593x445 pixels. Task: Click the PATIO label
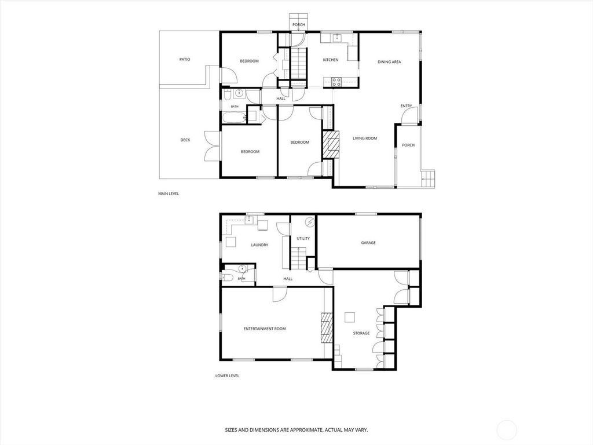pos(185,60)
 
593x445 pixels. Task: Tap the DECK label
pos(185,140)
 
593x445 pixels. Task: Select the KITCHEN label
pos(331,60)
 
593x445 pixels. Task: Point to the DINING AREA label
pos(389,61)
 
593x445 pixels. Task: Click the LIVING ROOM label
pos(365,138)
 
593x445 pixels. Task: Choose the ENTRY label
pos(406,106)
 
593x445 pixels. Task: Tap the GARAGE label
pos(368,243)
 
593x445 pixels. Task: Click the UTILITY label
pos(303,238)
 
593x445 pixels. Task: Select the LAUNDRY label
pos(259,245)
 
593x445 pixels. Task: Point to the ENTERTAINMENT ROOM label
pos(265,329)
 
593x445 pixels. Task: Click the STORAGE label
pos(361,333)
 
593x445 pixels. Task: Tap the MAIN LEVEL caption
pos(169,194)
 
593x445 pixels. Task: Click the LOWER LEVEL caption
pos(227,375)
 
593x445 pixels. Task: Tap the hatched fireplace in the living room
pos(331,144)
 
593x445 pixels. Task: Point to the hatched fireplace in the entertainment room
pos(327,328)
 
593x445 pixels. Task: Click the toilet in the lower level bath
pos(227,278)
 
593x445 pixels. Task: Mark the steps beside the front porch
pos(428,178)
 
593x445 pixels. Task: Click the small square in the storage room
pos(350,317)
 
